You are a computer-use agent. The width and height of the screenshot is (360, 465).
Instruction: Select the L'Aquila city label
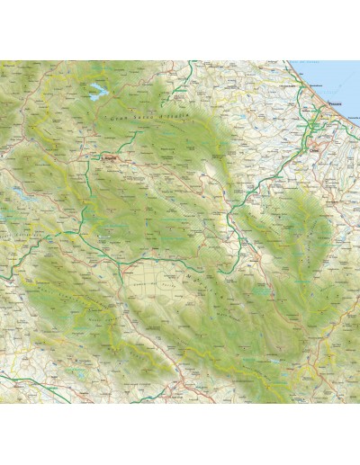(112, 158)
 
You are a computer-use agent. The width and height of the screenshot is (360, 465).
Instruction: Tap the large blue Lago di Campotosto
(94, 90)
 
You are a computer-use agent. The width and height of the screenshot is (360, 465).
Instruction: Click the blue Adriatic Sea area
(337, 76)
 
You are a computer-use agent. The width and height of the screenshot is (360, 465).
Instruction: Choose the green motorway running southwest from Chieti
(261, 175)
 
